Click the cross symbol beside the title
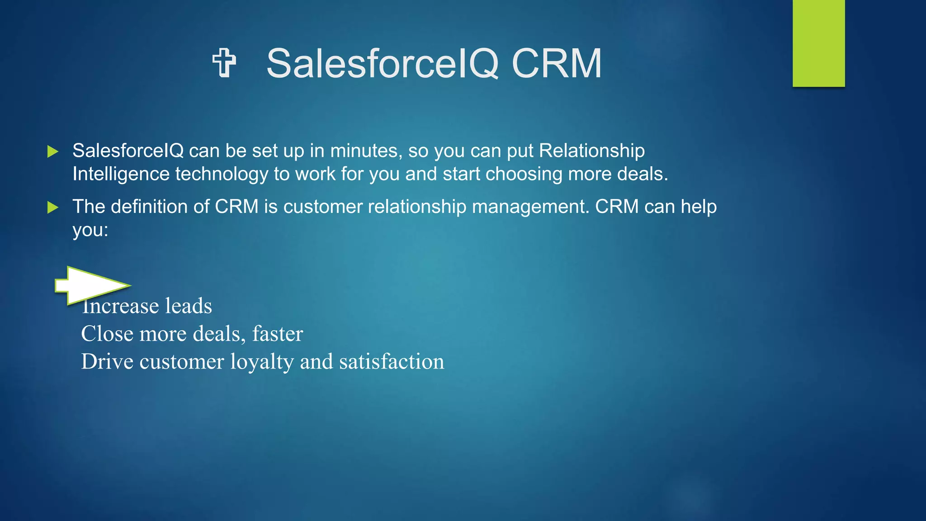pyautogui.click(x=224, y=63)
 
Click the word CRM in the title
pyautogui.click(x=557, y=64)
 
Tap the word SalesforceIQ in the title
pyautogui.click(x=383, y=64)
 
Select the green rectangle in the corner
pyautogui.click(x=818, y=43)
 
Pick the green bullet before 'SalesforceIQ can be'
pyautogui.click(x=53, y=152)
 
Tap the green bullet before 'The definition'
pyautogui.click(x=53, y=208)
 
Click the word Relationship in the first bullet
pyautogui.click(x=592, y=151)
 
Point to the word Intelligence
pyautogui.click(x=121, y=174)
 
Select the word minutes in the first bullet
pyautogui.click(x=366, y=151)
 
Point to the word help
pyautogui.click(x=699, y=207)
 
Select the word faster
pyautogui.click(x=278, y=334)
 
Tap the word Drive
pyautogui.click(x=107, y=361)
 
